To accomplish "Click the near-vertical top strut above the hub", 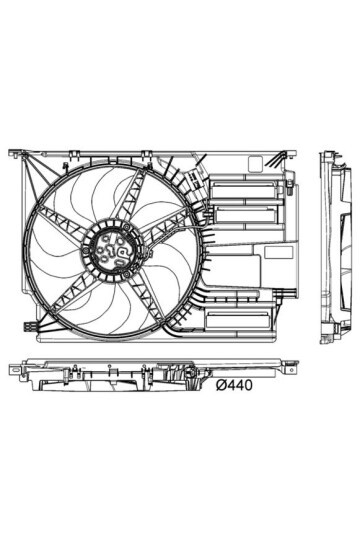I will click(x=124, y=200).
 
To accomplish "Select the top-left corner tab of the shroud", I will click(x=14, y=154).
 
